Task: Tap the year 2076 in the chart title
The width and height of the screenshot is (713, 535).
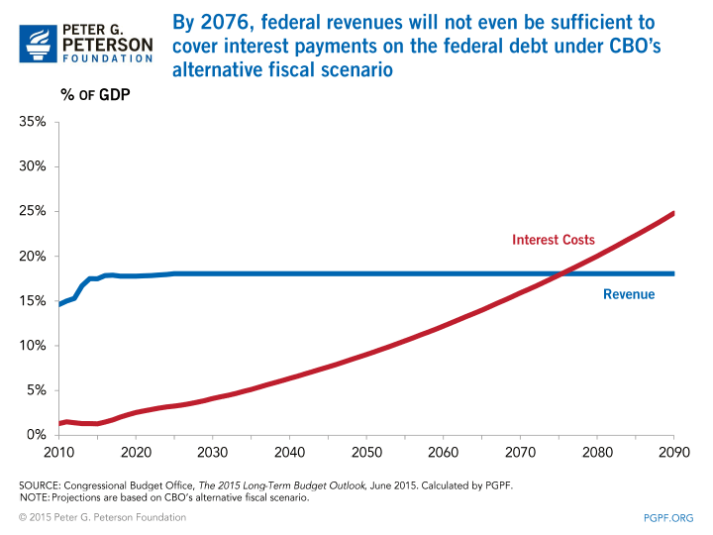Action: [215, 22]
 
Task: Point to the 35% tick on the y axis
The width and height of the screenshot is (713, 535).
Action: [30, 122]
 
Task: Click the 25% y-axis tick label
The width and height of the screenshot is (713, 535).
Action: [30, 211]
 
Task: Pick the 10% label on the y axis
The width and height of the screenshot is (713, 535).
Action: [30, 346]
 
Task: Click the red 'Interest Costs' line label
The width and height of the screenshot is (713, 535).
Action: [553, 240]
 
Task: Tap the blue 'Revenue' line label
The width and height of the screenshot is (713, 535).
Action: [629, 294]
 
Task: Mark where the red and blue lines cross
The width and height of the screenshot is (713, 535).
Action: [561, 273]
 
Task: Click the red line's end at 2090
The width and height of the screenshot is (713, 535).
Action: [673, 213]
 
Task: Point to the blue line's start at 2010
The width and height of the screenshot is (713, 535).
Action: [59, 304]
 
